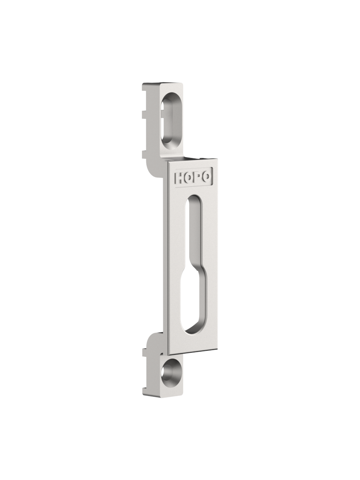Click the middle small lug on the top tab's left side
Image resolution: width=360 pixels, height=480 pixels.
pyautogui.click(x=144, y=114)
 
